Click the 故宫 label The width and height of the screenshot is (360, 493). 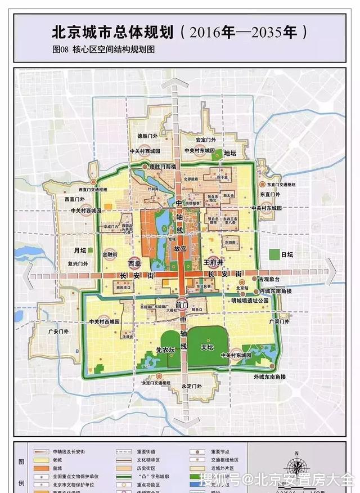pyautogui.click(x=179, y=247)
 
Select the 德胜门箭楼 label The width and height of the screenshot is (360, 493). pyautogui.click(x=162, y=167)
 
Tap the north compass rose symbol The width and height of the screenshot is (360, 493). pyautogui.click(x=295, y=467)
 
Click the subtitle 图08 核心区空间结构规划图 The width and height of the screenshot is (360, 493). pyautogui.click(x=103, y=49)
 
